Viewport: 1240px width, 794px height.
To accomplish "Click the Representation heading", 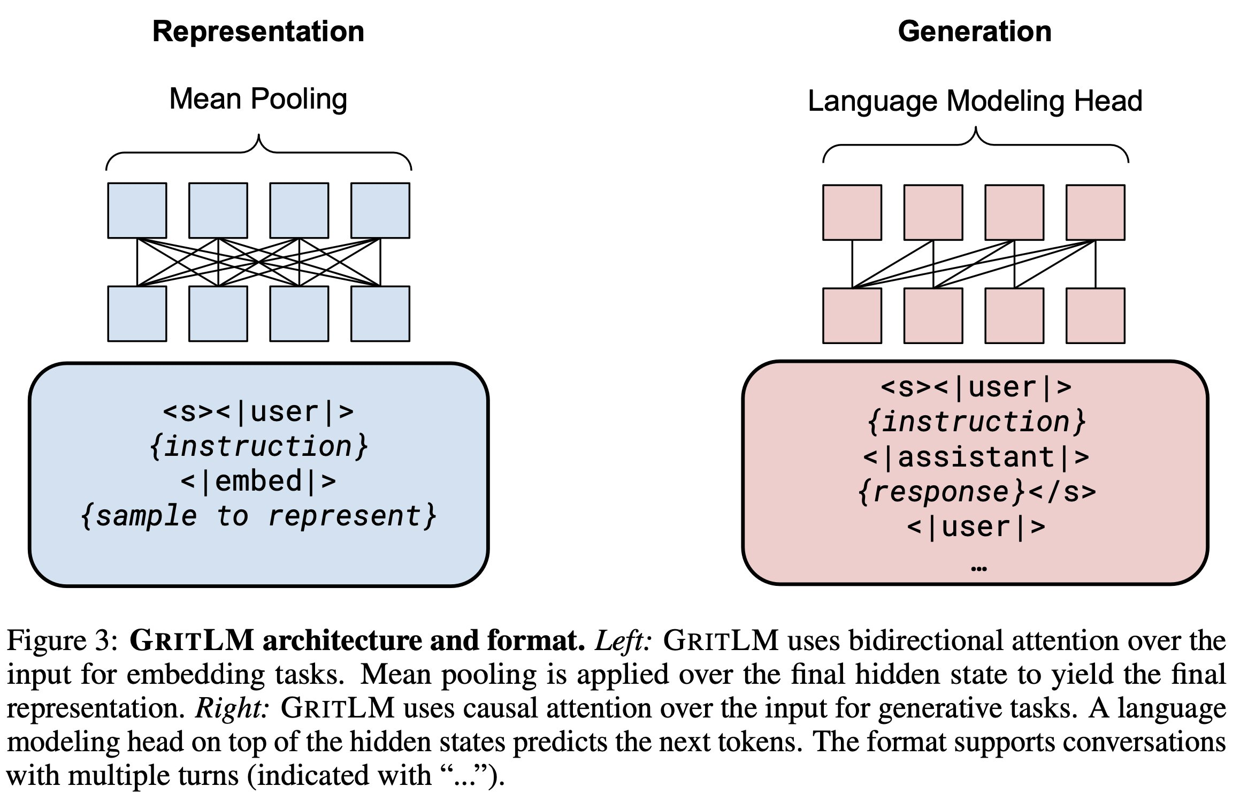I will [x=258, y=32].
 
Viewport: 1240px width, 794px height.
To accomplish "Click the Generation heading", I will [x=975, y=32].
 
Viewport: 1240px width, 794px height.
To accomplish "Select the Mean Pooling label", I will [x=258, y=100].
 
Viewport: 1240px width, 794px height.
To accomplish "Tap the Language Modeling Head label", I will [x=975, y=101].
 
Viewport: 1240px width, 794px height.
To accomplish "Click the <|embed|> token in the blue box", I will [x=258, y=482].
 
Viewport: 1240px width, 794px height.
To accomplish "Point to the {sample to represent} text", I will [x=258, y=517].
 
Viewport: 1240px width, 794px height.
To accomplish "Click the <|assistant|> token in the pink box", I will [x=976, y=458].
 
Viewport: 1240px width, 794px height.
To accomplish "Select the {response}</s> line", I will [x=977, y=492].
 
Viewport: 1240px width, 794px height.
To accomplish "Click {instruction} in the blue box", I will [x=258, y=447].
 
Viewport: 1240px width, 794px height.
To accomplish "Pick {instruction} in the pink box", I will [x=976, y=422].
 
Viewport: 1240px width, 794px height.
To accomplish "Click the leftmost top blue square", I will [x=137, y=211].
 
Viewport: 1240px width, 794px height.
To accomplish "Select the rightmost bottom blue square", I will [x=380, y=314].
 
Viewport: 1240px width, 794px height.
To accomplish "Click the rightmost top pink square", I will [x=1095, y=213].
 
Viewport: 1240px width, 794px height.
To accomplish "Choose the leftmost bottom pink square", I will [x=852, y=316].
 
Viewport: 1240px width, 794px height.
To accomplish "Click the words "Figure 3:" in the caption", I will [x=62, y=641].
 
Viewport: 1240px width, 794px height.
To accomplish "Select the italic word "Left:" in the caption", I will [x=623, y=641].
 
